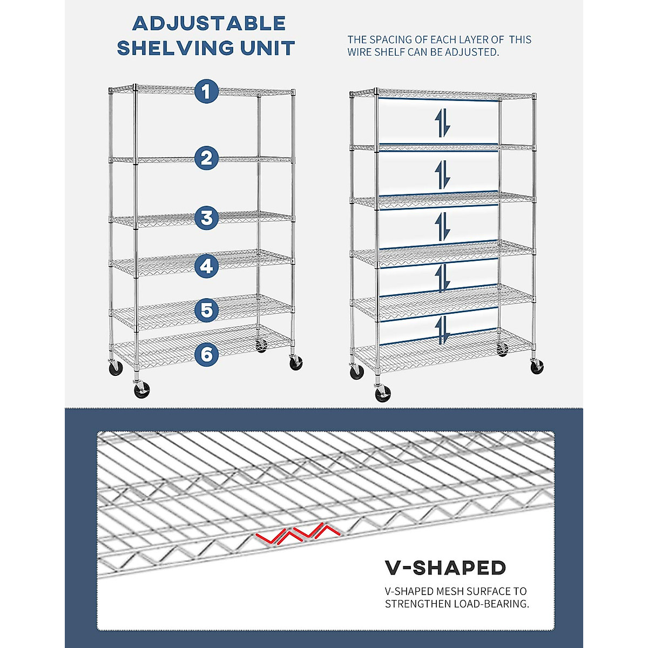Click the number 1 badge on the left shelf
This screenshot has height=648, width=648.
pyautogui.click(x=206, y=91)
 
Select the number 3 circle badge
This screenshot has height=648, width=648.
pyautogui.click(x=206, y=218)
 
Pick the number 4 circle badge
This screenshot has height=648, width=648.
pyautogui.click(x=206, y=266)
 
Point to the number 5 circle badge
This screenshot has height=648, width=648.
pyautogui.click(x=206, y=310)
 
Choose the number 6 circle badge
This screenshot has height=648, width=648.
pyautogui.click(x=206, y=354)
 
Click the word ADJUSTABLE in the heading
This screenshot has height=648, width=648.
pyautogui.click(x=209, y=24)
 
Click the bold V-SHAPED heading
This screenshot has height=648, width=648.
pyautogui.click(x=446, y=568)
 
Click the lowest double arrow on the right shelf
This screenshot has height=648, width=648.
pyautogui.click(x=442, y=330)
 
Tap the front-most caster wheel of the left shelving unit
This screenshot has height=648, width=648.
pyautogui.click(x=142, y=389)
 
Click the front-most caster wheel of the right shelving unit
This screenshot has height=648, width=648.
pyautogui.click(x=383, y=393)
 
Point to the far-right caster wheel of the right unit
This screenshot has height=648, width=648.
pyautogui.click(x=537, y=367)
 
